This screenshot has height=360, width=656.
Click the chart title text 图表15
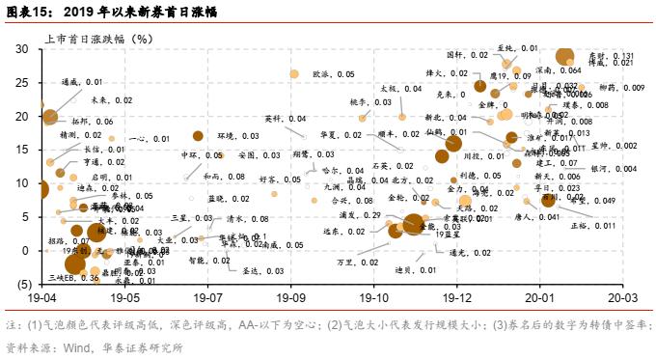[30, 13]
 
